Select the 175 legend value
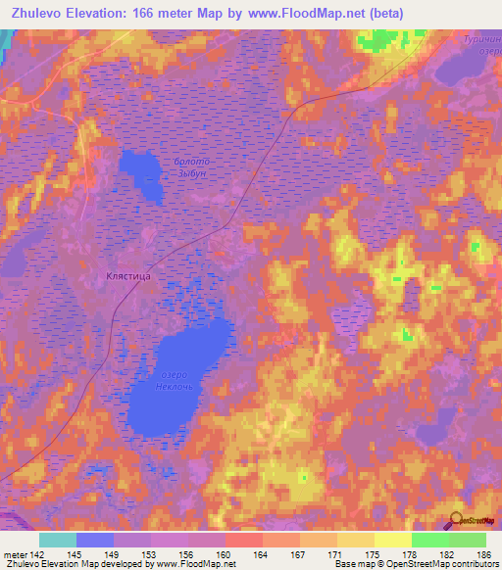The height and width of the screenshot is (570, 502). point(373,554)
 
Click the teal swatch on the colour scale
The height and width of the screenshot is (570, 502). point(58,540)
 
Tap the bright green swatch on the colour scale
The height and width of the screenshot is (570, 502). point(430,540)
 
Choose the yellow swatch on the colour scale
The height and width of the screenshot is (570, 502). point(393,540)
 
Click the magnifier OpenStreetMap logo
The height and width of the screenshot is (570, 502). point(456,520)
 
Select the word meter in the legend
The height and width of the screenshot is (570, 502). point(16,554)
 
